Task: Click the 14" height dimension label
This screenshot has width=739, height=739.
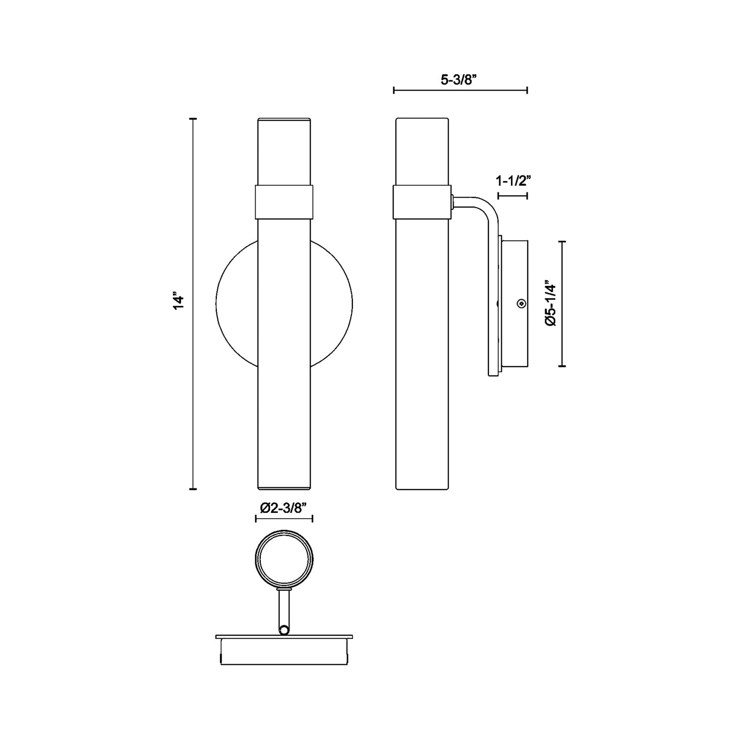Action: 177,302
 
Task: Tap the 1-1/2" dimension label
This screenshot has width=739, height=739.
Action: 512,181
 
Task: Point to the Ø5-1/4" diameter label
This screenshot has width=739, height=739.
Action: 550,303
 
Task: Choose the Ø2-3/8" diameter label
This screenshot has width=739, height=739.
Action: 283,508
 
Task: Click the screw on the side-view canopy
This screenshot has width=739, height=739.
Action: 521,304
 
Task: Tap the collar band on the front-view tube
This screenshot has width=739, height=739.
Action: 284,201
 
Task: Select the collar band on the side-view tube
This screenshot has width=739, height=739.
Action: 422,201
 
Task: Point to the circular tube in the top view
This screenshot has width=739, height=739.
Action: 284,561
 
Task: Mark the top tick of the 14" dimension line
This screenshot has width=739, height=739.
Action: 193,119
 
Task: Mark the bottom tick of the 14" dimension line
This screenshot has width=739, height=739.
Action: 193,489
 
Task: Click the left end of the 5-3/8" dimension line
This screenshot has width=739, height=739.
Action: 394,91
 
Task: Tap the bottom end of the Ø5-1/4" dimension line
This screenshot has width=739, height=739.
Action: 562,366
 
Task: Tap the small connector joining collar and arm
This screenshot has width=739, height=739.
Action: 453,201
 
